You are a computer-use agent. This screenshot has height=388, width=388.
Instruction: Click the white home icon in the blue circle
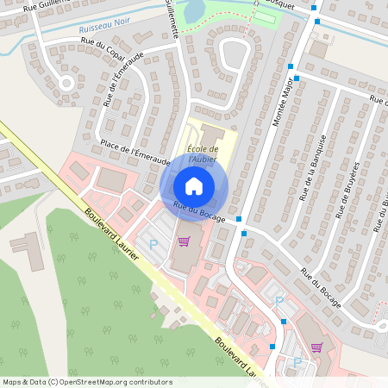(x=194, y=186)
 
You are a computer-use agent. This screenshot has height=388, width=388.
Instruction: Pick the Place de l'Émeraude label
(x=135, y=150)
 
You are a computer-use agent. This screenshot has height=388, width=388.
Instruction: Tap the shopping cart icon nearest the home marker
(x=183, y=241)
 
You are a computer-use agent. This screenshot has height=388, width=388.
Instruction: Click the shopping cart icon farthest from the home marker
(x=316, y=347)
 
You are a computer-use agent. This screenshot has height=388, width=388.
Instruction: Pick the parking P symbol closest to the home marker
(x=153, y=245)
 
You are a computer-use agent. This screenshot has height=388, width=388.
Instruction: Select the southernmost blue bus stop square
(x=272, y=347)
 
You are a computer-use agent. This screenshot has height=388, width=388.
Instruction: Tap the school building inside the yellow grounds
(x=211, y=136)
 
